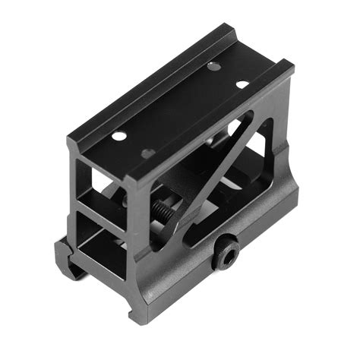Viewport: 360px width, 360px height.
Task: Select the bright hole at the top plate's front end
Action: (119, 136)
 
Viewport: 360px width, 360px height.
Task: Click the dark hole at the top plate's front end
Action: (147, 153)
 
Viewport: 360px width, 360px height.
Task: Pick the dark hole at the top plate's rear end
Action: (215, 68)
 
